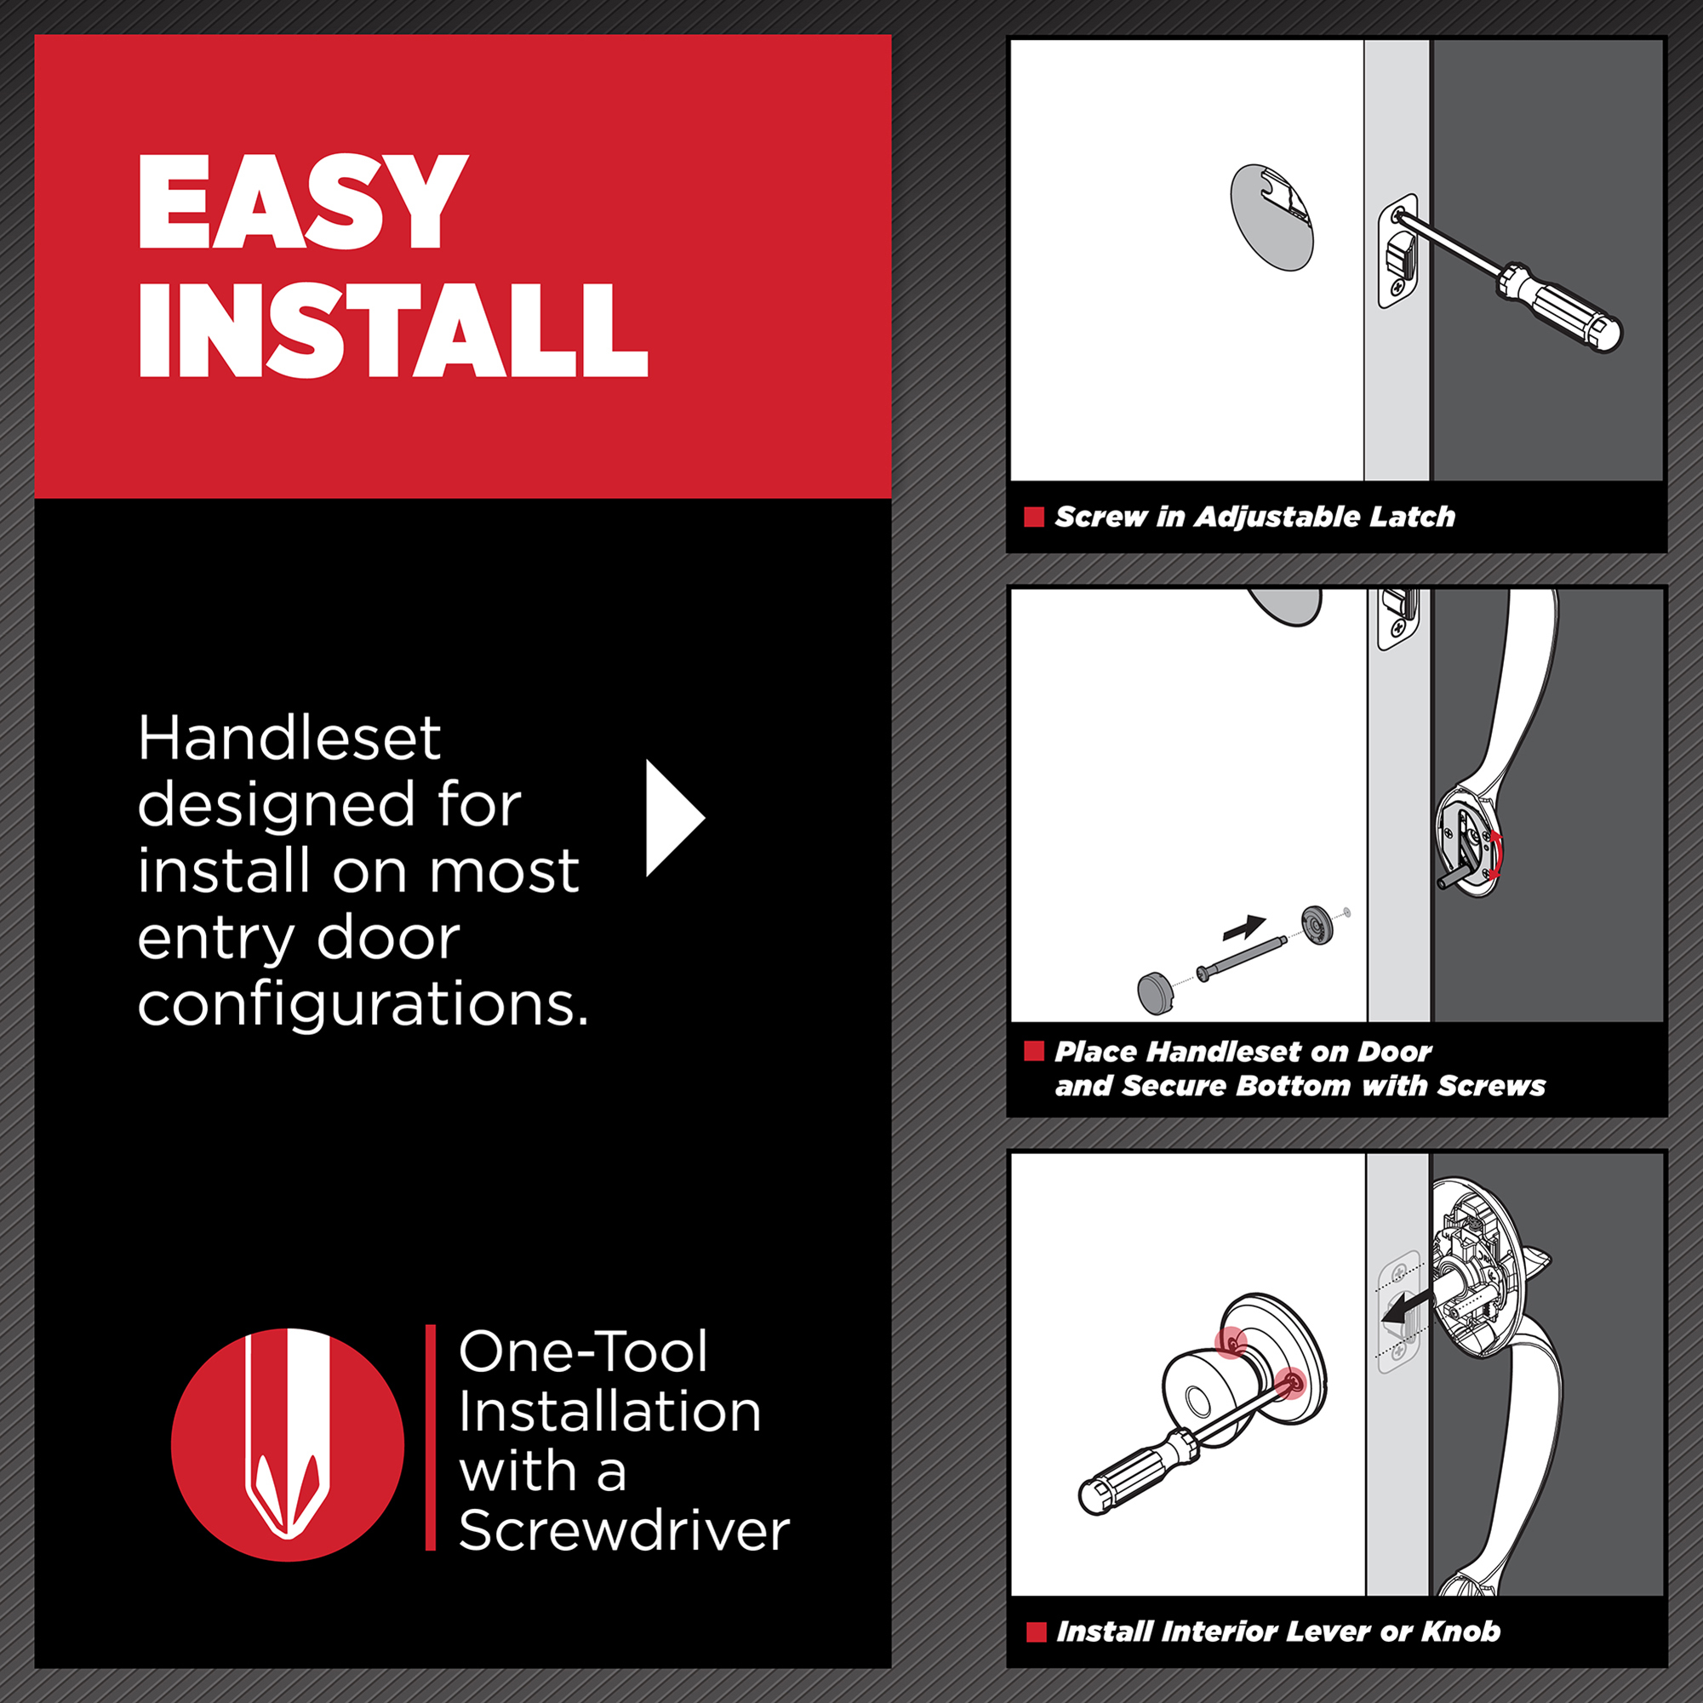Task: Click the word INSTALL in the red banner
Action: coord(393,330)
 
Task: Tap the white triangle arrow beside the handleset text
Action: coord(675,818)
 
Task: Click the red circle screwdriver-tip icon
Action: coord(288,1446)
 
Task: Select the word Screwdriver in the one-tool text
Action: coord(624,1530)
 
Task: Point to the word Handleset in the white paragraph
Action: coord(289,738)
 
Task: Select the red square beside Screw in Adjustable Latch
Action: coord(1034,517)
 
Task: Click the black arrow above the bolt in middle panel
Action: coord(1244,929)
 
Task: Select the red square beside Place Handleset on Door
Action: coord(1034,1051)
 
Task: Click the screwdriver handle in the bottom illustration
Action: coord(1138,1472)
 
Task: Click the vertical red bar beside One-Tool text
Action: coord(430,1437)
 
